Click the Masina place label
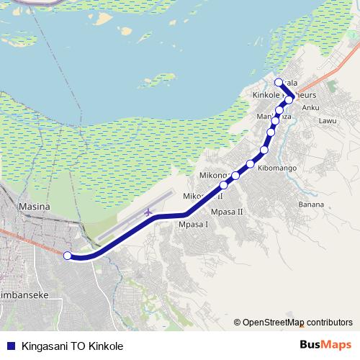[35, 207]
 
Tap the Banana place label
[310, 204]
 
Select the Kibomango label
[276, 167]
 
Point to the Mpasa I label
[192, 224]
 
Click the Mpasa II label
[228, 212]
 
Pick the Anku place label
[310, 108]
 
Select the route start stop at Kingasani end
[67, 255]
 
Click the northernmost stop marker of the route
[279, 81]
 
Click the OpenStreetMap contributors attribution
[297, 322]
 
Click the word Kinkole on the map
[266, 95]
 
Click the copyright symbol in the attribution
[237, 322]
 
